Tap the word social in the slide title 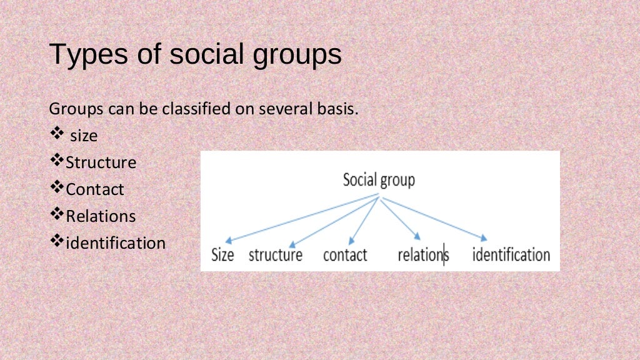[x=206, y=54]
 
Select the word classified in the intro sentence [x=196, y=109]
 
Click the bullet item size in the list [x=84, y=136]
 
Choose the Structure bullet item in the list [x=101, y=162]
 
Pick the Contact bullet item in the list [x=95, y=189]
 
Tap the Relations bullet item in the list [x=101, y=216]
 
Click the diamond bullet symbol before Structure [x=56, y=161]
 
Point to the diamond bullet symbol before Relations [x=56, y=215]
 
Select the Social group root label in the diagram [x=379, y=181]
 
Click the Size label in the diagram [x=222, y=255]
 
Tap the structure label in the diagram [x=275, y=255]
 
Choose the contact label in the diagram [x=345, y=255]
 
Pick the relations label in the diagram [x=422, y=255]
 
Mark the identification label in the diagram [x=511, y=255]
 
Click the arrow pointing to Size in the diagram [x=300, y=218]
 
